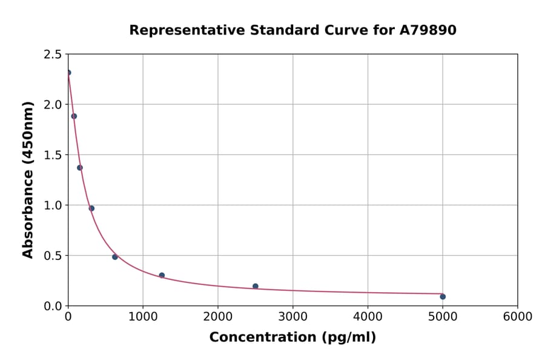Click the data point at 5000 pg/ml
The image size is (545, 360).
(443, 296)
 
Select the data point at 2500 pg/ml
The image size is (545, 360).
(256, 286)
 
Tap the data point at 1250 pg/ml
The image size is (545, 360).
(162, 275)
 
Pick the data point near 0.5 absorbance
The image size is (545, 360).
(115, 257)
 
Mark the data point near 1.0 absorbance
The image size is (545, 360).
(91, 208)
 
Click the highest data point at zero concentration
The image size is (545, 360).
(68, 73)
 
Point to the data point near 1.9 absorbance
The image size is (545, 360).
(74, 116)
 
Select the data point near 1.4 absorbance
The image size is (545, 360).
(80, 168)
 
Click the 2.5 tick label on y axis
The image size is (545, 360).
(52, 55)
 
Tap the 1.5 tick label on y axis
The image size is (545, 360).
(52, 155)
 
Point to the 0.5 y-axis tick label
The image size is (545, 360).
(52, 256)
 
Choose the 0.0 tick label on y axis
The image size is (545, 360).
(52, 306)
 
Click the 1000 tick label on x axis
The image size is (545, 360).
(143, 317)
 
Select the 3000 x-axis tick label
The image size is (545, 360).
(292, 317)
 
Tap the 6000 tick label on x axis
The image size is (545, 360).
(517, 317)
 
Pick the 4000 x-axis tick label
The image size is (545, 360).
(368, 317)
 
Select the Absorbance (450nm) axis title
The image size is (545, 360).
(28, 180)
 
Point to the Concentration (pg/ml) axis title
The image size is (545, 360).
(292, 338)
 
